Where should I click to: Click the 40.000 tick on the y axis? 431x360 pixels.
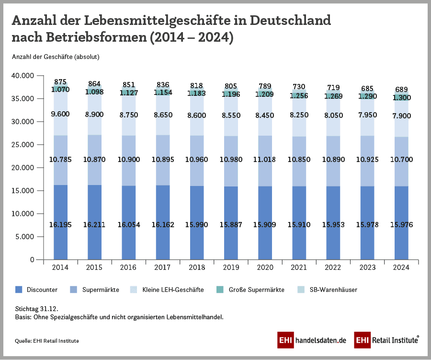[x=23, y=76]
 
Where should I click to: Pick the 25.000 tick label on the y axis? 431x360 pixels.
[x=23, y=145]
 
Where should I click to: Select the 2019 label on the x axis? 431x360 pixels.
[x=231, y=268]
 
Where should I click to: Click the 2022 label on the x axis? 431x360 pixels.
[x=334, y=268]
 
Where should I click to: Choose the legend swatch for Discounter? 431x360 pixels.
[x=19, y=290]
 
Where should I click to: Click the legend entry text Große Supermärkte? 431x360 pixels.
[x=256, y=290]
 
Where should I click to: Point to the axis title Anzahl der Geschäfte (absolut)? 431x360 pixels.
[x=55, y=57]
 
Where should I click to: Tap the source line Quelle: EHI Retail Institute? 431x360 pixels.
[x=47, y=340]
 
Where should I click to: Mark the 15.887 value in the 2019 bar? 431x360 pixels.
[x=231, y=225]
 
